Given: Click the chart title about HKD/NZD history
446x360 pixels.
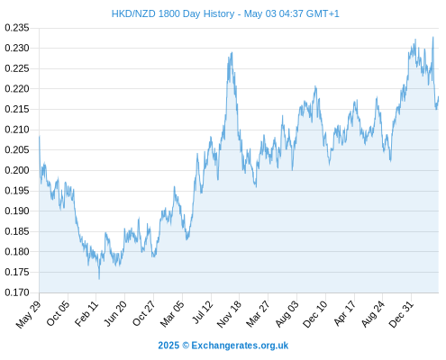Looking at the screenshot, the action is pos(225,13).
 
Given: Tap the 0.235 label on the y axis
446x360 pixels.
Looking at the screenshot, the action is pos(17,28).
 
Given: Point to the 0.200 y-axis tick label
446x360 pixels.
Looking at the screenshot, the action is pos(17,170).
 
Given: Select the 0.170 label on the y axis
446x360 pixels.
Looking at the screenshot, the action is pos(17,292).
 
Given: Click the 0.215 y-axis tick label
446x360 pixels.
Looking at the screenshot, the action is pos(17,109).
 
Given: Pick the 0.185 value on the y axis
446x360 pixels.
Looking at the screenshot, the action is pos(17,231).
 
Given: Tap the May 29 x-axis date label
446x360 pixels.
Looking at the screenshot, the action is pos(29,314).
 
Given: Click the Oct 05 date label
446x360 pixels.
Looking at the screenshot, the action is pos(59,313).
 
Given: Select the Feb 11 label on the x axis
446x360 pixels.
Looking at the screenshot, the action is pos(86,313).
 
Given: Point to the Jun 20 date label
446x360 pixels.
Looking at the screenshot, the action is pos(115,313).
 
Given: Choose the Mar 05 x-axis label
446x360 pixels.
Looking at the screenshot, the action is pos(172,313).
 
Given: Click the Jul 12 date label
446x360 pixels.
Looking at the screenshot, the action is pos(203,312).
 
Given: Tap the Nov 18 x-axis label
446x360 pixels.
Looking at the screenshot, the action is pos(229,314).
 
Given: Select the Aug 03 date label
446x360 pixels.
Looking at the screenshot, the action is pos(287,313).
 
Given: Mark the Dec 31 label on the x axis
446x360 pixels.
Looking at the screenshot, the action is pos(401,314).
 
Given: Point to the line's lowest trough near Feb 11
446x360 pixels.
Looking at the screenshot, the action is pos(99,279).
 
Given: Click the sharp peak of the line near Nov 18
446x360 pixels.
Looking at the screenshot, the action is pos(232,53).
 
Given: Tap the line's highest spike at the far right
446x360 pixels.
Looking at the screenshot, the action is pos(433,37).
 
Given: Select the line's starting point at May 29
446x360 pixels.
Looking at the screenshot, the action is pos(40,137).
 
